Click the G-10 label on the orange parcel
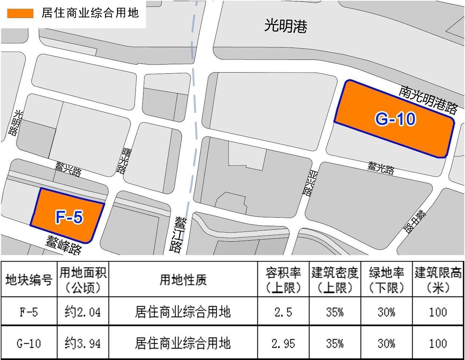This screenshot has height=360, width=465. (395, 119)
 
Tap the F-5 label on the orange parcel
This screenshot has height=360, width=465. (69, 217)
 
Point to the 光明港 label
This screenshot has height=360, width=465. (286, 26)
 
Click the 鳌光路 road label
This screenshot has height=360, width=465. (381, 168)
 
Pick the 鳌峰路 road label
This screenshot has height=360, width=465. (64, 244)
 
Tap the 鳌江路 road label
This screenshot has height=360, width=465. (178, 234)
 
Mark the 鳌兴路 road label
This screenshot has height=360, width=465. (68, 169)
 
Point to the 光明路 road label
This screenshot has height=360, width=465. (16, 122)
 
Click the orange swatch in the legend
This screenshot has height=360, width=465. (20, 13)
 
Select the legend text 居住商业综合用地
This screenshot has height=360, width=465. (90, 13)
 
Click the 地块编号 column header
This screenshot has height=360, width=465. (29, 280)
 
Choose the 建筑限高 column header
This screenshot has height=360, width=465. (438, 280)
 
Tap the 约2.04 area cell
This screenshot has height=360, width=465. (83, 312)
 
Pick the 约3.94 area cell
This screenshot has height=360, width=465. (83, 343)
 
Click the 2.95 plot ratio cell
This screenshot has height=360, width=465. (283, 343)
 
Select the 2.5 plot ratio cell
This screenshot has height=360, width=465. (283, 312)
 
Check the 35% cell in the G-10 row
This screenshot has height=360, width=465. (335, 343)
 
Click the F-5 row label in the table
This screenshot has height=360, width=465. (29, 312)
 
